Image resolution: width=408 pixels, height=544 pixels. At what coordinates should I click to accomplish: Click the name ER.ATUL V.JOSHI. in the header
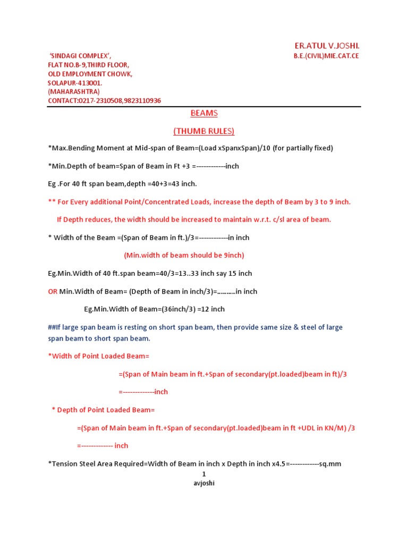click(327, 46)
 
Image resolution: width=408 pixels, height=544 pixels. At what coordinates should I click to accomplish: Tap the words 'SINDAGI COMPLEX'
click(80, 56)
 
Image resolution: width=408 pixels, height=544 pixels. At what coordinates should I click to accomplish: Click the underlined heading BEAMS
click(204, 113)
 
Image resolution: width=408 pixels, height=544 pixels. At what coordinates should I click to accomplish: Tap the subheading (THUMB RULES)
click(204, 131)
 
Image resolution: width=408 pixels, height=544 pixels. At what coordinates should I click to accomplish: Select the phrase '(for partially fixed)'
click(303, 148)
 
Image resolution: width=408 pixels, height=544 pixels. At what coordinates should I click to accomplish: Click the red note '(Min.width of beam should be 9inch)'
click(184, 256)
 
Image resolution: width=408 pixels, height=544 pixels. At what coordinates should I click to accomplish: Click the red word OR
click(53, 292)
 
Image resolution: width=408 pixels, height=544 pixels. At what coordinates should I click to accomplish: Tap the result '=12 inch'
click(209, 309)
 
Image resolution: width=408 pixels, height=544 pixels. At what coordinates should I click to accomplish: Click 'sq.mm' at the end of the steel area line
click(330, 464)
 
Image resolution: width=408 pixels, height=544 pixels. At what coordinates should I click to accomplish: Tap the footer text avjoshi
click(203, 483)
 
